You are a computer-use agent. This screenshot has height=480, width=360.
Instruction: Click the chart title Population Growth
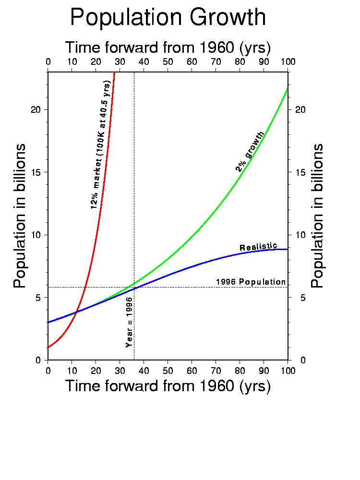pos(168,18)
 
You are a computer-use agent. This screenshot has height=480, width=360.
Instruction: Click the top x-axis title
pos(168,48)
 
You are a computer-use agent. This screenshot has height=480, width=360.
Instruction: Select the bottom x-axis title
pos(168,386)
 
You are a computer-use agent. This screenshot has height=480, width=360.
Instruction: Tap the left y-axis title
pos(20,216)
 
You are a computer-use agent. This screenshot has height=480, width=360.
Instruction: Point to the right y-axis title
pos(318,216)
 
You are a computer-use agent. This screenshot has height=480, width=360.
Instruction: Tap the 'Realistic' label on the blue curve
pos(258,247)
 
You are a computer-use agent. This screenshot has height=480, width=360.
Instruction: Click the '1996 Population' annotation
pos(251,282)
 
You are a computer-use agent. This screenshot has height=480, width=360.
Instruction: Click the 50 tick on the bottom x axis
pos(168,370)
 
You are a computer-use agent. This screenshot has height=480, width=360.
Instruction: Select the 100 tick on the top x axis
pos(288,61)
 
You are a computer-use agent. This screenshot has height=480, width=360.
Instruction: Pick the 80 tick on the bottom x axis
pos(240,370)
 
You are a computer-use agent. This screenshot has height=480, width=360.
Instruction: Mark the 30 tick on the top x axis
pos(120,61)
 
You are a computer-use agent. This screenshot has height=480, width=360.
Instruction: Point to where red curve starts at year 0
pos(48,347)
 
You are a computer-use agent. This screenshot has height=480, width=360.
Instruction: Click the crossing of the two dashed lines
pos(134,287)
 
